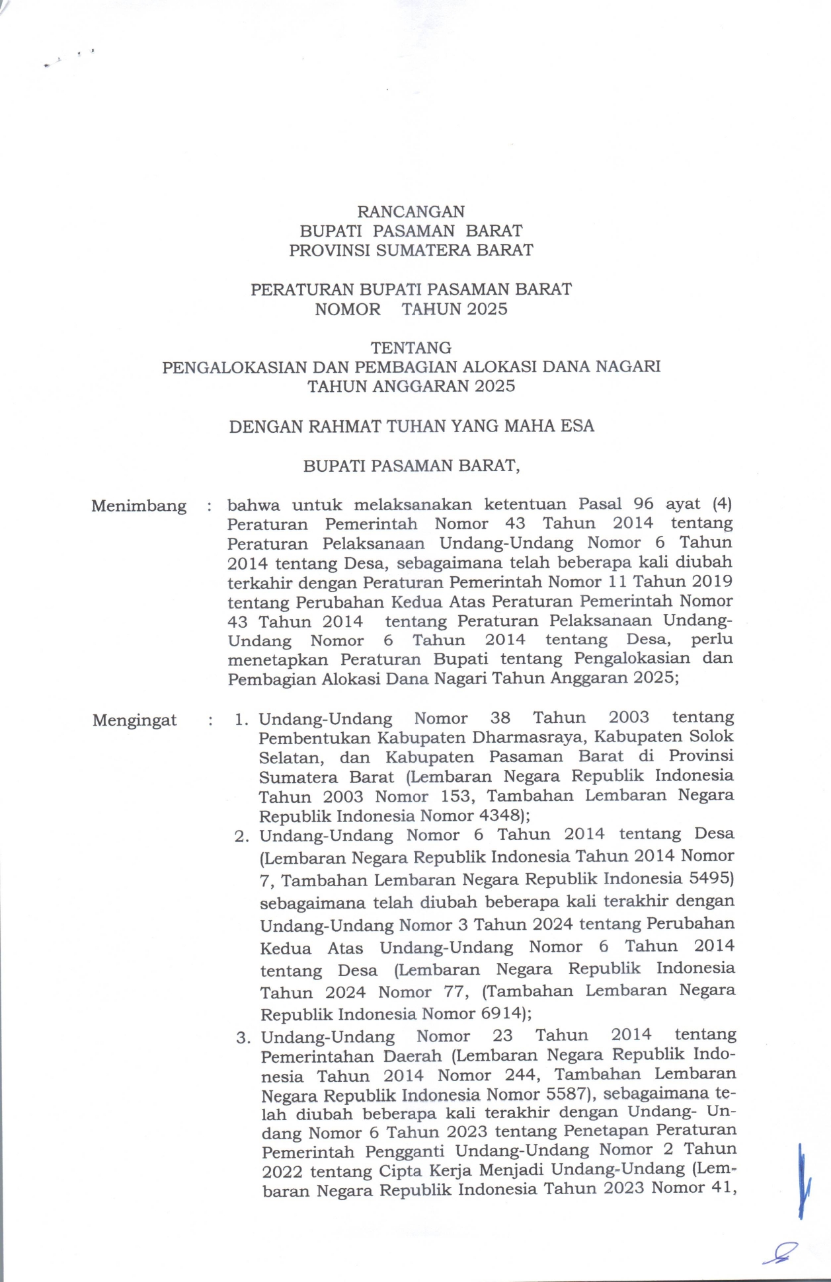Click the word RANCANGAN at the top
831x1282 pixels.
click(x=411, y=211)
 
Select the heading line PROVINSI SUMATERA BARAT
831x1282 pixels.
click(x=411, y=250)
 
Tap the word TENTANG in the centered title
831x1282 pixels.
click(x=411, y=348)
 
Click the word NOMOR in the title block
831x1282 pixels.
click(x=347, y=309)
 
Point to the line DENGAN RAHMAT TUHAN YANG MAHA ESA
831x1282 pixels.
click(x=411, y=426)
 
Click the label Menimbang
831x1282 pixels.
click(x=139, y=506)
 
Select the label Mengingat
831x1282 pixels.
click(x=135, y=720)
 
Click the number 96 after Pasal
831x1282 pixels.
click(x=639, y=504)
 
